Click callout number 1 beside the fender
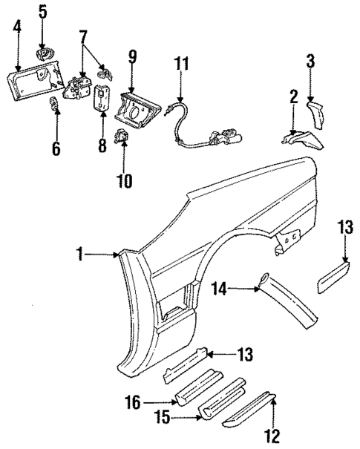click(x=81, y=255)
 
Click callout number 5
click(x=42, y=12)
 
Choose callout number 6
click(x=56, y=148)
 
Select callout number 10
click(x=123, y=180)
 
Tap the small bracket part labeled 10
click(x=122, y=138)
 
